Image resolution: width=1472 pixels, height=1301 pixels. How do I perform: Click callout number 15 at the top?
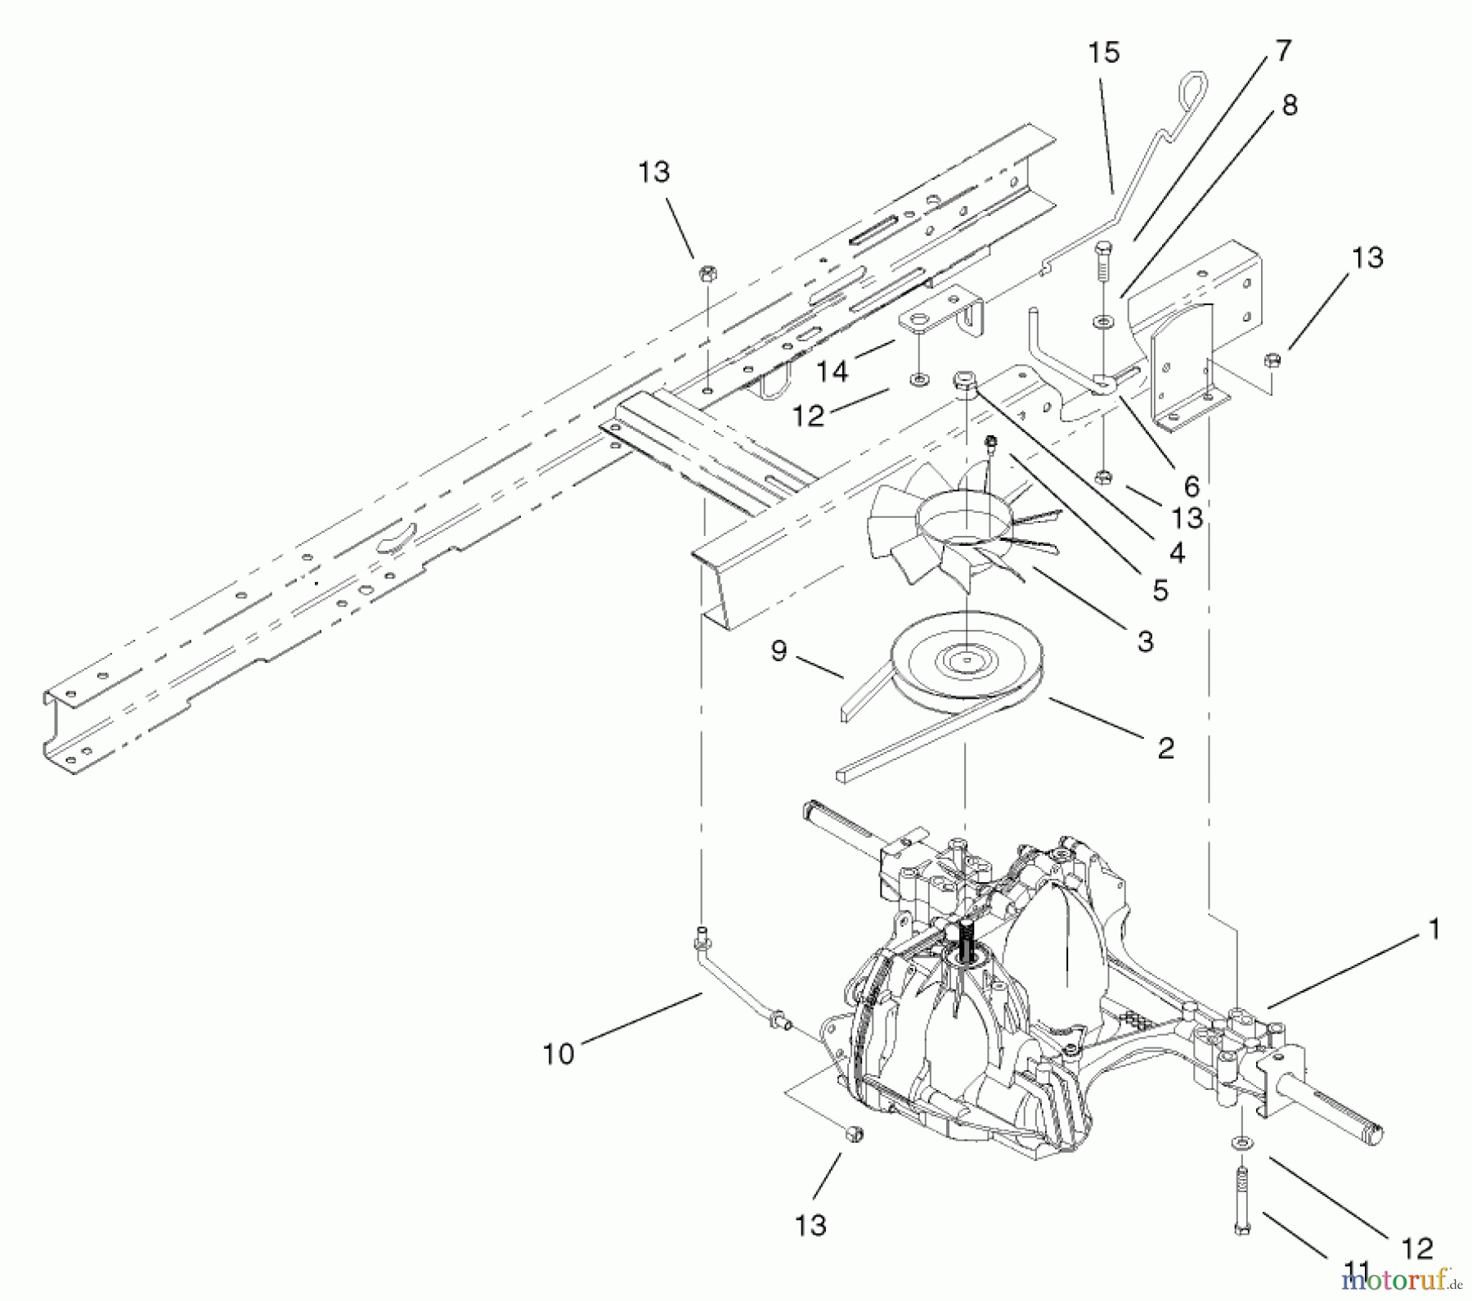coord(1103,53)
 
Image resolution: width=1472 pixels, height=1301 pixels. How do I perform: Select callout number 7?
coord(1282,51)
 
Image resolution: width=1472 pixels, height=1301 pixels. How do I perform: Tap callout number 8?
coord(1290,105)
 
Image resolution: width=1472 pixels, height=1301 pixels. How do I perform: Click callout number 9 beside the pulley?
coord(779,651)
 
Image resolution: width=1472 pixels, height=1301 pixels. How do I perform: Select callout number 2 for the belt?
coord(1166,748)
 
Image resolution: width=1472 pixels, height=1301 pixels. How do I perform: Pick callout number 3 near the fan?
coord(1146,641)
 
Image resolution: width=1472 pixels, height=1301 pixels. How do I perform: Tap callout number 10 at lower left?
coord(559,1054)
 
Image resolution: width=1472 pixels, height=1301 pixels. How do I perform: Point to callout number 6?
coord(1192,486)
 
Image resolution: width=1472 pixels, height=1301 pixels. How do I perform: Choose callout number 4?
coord(1177,553)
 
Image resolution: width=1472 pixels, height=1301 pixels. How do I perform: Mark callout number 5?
coord(1160,590)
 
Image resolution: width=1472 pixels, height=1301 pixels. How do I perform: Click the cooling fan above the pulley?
coord(965,532)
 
